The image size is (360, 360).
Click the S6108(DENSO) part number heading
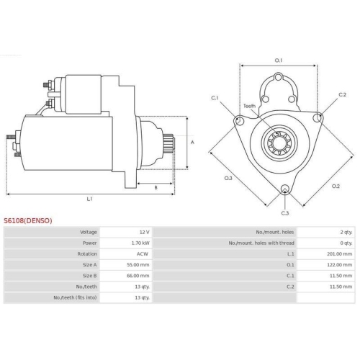(28, 220)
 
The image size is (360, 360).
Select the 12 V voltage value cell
(144, 233)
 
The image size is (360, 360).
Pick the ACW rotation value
(143, 254)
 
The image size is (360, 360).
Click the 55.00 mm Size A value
(138, 265)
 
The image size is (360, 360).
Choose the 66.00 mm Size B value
(138, 276)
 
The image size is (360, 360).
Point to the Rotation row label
(86, 254)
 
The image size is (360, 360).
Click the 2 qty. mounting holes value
(346, 233)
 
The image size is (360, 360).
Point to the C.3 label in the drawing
(284, 213)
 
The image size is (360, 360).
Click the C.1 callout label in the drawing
(215, 97)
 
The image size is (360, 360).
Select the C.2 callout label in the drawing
(342, 95)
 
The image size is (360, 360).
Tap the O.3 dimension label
(228, 178)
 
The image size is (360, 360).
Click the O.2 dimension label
(336, 186)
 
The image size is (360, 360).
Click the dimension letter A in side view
(192, 143)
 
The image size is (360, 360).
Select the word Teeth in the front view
(249, 105)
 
